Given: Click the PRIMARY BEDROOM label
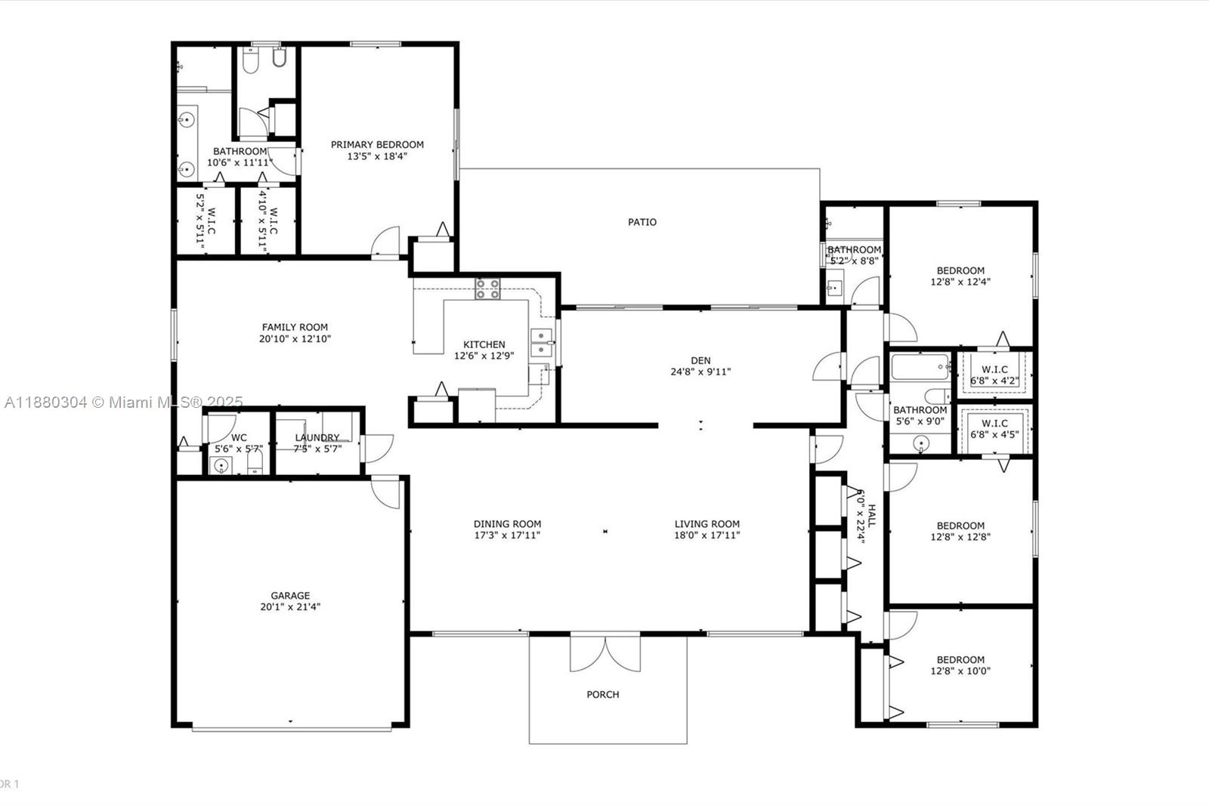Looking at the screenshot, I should coord(377,144).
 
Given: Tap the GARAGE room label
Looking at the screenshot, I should coord(291,595).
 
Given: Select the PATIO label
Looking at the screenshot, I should coord(642,222).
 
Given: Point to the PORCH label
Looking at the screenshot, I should coord(603,694).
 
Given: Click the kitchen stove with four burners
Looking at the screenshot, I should coord(487,288).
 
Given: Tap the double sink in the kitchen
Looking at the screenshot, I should coord(541,343).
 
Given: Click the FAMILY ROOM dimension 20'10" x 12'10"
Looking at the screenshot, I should coord(295,339).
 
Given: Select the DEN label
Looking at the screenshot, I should coord(700,360).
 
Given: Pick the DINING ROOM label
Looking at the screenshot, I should coord(507,523).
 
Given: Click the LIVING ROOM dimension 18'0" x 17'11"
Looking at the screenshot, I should coord(707,535).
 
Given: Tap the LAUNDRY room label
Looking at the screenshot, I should coord(317,437).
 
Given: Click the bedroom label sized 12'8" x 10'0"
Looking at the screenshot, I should coord(960,659).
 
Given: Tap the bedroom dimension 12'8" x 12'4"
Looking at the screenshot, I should coord(960,282).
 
